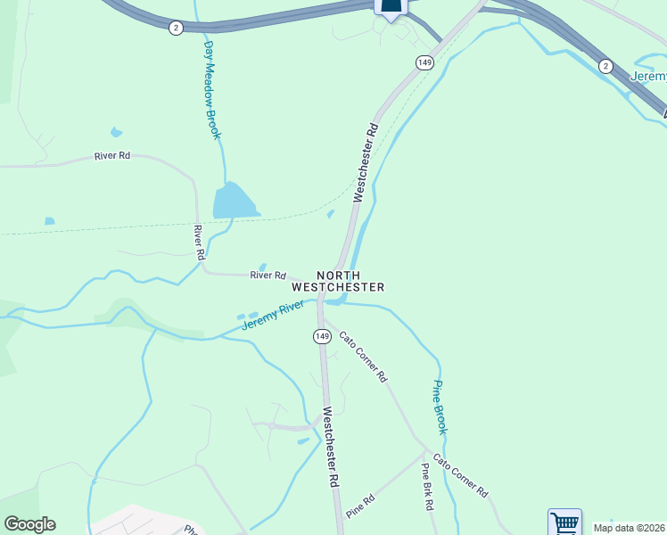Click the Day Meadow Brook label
[x=211, y=89]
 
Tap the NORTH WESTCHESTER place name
[x=339, y=281]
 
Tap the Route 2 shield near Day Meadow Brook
[x=176, y=28]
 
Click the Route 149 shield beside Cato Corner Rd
[x=322, y=336]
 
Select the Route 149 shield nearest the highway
[x=424, y=62]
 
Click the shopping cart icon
[x=564, y=523]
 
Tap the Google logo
[x=29, y=524]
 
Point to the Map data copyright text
[x=630, y=528]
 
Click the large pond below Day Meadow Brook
[x=234, y=201]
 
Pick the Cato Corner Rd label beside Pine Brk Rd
[x=461, y=480]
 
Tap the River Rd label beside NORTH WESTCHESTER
[x=268, y=276]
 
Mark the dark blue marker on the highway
[x=391, y=7]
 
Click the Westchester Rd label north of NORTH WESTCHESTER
[x=366, y=162]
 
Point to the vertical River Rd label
[x=199, y=243]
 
